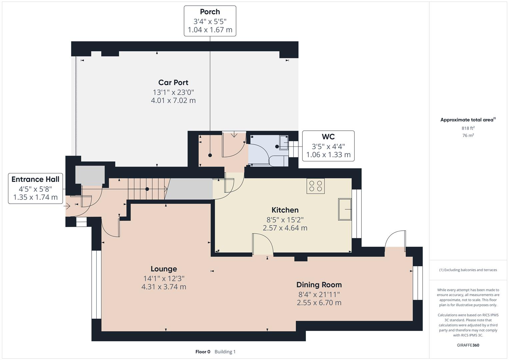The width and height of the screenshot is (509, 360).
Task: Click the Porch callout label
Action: coord(210,21)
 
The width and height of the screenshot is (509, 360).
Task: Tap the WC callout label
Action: coord(328,146)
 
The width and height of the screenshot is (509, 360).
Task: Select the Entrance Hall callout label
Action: coord(35,188)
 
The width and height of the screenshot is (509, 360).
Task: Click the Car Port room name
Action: coord(173,82)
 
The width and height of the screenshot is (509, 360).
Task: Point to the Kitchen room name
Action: coord(285,210)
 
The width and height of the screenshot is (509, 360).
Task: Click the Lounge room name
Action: coord(164,269)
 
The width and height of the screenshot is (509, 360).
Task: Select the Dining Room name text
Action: coord(319,285)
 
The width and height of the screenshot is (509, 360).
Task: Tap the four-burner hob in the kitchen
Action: coord(315,186)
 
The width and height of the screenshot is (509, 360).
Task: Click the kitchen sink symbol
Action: coord(345,209)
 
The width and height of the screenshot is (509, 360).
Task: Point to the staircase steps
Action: coord(147,189)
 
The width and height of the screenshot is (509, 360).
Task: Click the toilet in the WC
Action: coord(278,161)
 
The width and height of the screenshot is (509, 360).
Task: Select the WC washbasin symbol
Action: coord(284,143)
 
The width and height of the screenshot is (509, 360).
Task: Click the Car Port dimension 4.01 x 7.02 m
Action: coord(173,100)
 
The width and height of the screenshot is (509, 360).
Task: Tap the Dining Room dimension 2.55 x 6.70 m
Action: coord(319,303)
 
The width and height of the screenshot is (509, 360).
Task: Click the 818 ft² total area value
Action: coord(468,128)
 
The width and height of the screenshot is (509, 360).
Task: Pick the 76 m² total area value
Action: coord(468,135)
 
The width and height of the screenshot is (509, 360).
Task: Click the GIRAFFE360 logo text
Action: coord(468,345)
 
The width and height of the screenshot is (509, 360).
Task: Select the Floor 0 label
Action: coord(203,352)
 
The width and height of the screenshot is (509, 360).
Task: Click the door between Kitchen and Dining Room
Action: coord(262,245)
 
